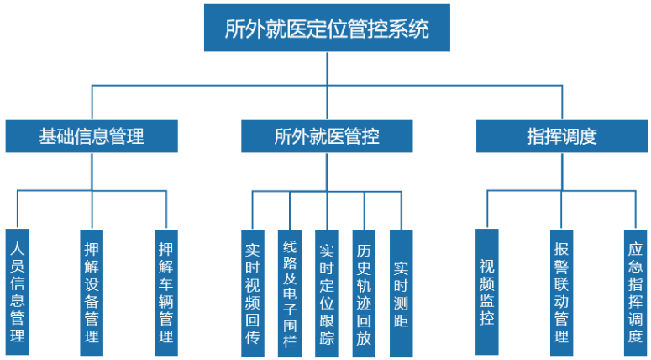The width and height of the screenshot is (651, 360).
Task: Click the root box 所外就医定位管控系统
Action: point(327,29)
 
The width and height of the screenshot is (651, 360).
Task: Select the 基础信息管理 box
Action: point(92,136)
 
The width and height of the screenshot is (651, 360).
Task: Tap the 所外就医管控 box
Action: point(327,136)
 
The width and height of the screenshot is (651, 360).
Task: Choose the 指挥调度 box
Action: point(562,136)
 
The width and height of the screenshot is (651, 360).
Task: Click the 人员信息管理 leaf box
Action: point(17,291)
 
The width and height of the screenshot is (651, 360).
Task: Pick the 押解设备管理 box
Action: point(92,291)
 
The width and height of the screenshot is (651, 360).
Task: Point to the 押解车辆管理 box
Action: point(166,291)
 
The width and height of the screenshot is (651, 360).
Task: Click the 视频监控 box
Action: point(487,291)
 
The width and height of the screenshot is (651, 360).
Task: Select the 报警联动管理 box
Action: point(562,291)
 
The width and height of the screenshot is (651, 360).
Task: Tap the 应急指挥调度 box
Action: point(636,291)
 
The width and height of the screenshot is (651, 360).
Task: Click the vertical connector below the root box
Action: point(327,68)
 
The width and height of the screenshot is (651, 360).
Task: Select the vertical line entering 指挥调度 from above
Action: point(562,102)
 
